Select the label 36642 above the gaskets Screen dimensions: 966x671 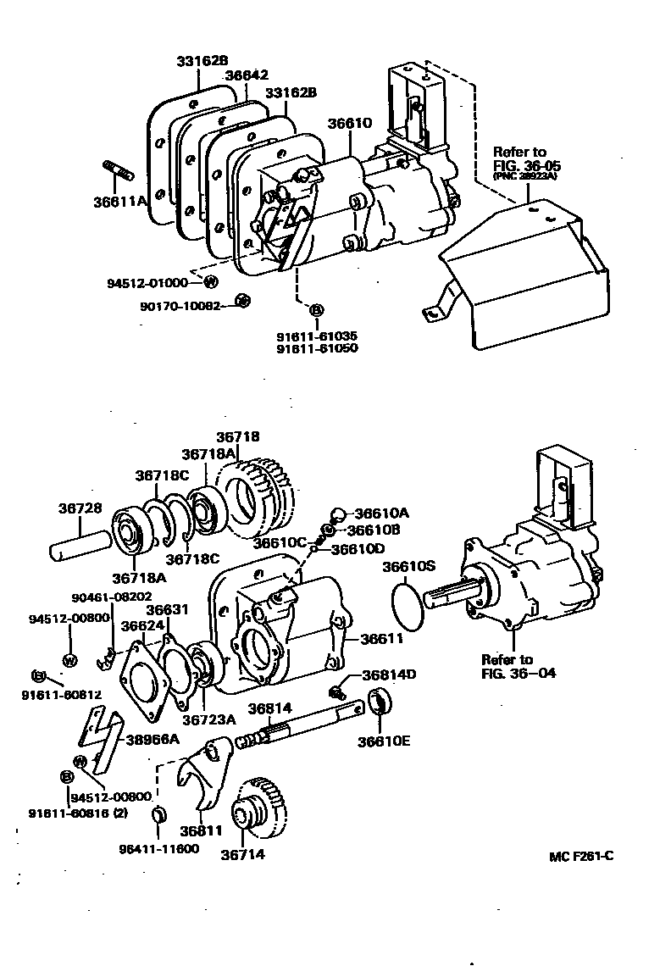[x=247, y=75]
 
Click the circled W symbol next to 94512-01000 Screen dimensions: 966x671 [x=210, y=282]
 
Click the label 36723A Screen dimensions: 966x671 [x=210, y=719]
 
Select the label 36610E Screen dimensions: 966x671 [x=384, y=741]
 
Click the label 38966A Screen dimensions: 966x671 [x=152, y=738]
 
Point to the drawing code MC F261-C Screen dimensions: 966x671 [x=581, y=856]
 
